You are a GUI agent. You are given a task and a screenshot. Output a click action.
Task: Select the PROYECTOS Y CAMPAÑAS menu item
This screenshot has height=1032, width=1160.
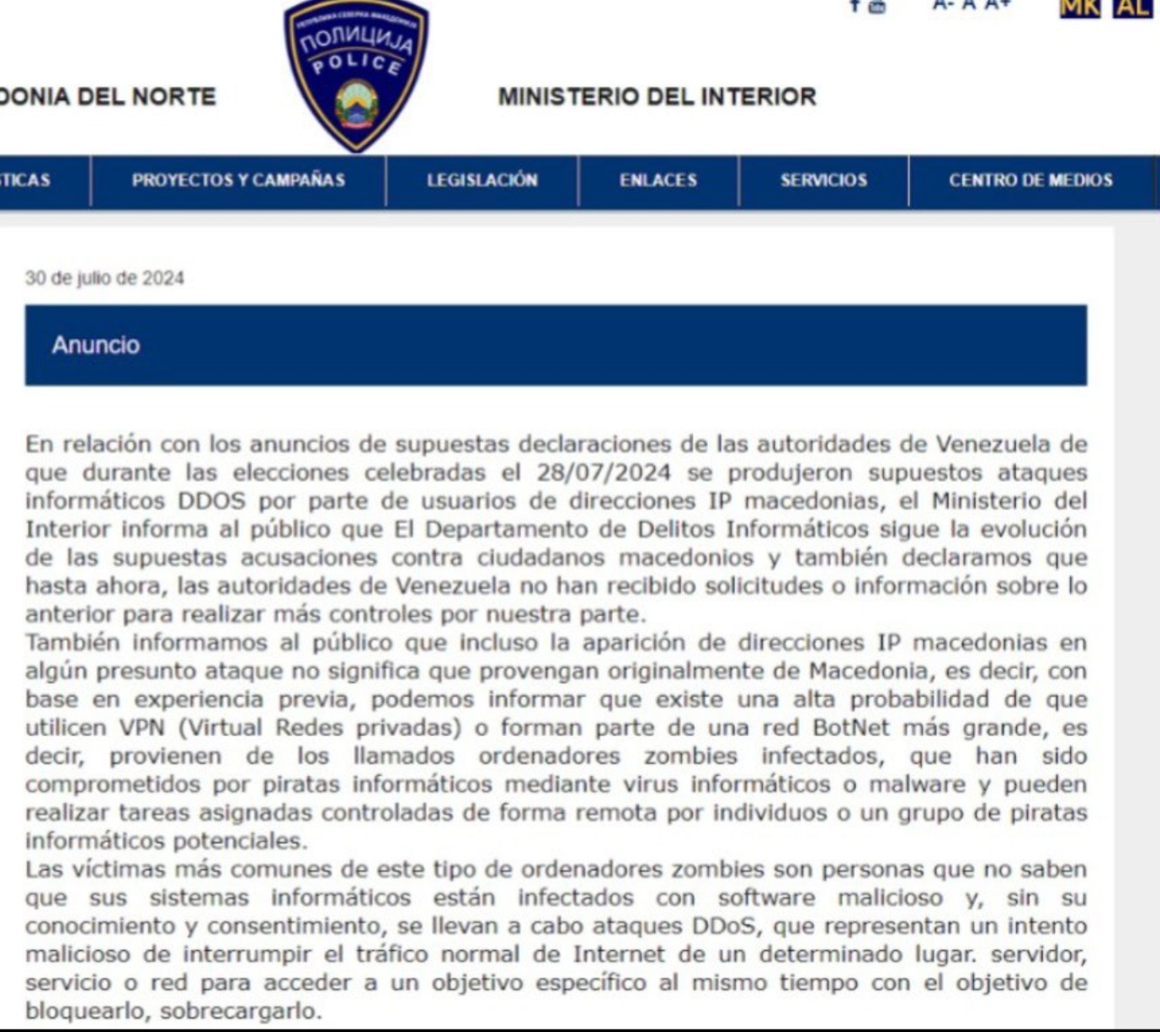pyautogui.click(x=238, y=180)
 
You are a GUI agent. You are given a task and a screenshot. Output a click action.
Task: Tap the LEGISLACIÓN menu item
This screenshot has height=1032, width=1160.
pyautogui.click(x=482, y=180)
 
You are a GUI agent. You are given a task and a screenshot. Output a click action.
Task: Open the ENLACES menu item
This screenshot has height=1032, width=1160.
pyautogui.click(x=658, y=180)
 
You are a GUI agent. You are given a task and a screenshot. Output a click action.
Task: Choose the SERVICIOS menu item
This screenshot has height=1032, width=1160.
pyautogui.click(x=823, y=180)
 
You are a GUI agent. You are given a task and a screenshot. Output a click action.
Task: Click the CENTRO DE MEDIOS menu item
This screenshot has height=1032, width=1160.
pyautogui.click(x=1030, y=180)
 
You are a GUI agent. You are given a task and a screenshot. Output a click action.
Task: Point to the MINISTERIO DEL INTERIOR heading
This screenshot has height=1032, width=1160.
pyautogui.click(x=657, y=97)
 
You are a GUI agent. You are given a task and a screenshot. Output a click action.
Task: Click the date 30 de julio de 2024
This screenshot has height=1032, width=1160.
pyautogui.click(x=104, y=278)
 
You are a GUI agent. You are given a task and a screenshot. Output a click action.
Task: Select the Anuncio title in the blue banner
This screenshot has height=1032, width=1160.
pyautogui.click(x=96, y=345)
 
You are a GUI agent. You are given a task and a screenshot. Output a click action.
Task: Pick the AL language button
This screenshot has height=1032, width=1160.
pyautogui.click(x=1131, y=7)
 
